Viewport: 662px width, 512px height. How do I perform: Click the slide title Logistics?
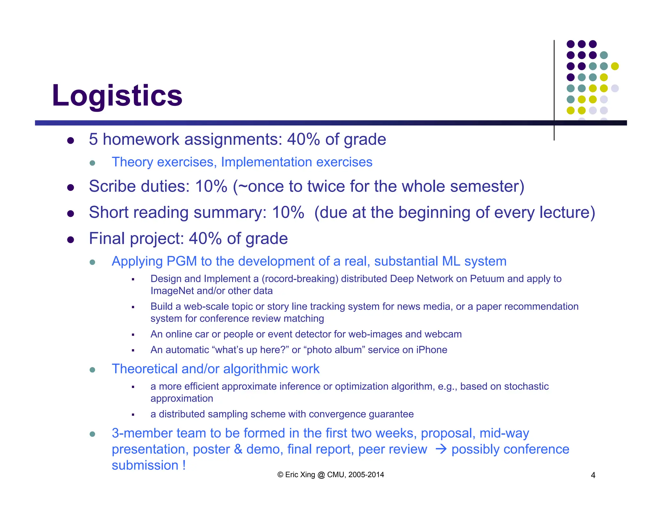coord(117,95)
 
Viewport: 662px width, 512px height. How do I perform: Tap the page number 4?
coord(593,475)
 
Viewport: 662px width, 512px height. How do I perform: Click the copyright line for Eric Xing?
coord(330,475)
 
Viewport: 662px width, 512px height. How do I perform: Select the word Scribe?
coord(112,186)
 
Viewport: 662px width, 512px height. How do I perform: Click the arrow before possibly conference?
coord(441,449)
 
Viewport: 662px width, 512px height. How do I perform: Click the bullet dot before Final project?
coord(71,239)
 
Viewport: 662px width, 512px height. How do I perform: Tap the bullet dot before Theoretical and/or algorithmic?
coord(92,370)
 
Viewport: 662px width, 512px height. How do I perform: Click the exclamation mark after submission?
coord(184,465)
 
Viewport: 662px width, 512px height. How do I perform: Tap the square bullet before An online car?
coord(133,335)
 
